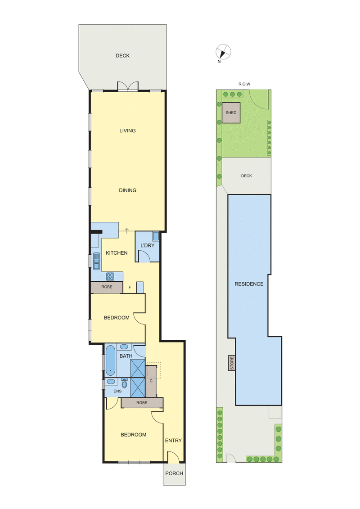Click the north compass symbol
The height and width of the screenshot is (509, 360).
tap(223, 51)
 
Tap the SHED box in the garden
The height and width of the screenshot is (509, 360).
tap(231, 113)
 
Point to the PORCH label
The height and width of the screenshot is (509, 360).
tap(174, 473)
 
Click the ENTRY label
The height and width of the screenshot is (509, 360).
tap(173, 440)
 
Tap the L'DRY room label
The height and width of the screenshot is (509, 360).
tap(148, 245)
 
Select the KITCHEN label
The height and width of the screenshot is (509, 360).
tap(117, 253)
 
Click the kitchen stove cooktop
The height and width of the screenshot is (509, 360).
tap(111, 276)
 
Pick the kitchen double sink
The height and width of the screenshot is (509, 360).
tap(96, 260)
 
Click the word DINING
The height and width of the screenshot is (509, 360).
tap(127, 190)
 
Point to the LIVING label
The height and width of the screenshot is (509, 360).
tap(127, 131)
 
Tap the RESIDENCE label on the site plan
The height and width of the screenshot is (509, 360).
tap(249, 284)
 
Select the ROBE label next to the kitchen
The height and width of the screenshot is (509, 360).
tap(107, 287)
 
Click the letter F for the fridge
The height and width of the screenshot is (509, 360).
tap(130, 287)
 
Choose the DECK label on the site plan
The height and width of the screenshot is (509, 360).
tap(246, 176)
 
